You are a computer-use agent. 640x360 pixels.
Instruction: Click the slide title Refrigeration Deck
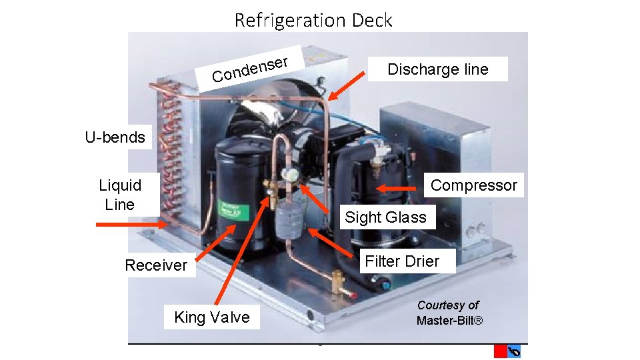[313, 20]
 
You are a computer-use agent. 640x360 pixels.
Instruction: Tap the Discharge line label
[437, 69]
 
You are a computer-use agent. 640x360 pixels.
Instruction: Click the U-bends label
[115, 138]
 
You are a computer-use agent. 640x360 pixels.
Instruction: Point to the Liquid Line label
[120, 195]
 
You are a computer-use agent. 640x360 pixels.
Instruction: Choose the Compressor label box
[473, 185]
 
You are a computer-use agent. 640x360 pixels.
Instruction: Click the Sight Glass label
[385, 217]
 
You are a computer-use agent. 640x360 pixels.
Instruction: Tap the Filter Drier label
[402, 261]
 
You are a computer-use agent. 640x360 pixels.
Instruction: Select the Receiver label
[156, 265]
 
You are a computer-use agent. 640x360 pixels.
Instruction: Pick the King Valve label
[212, 317]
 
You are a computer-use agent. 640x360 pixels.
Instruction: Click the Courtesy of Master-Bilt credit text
[449, 313]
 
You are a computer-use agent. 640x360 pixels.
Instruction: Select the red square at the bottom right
[500, 351]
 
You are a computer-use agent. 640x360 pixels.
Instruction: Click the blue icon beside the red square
[514, 351]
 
